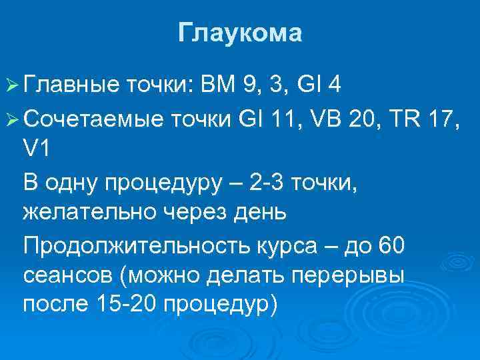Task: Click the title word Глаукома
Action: coord(240,33)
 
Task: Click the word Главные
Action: coord(69,85)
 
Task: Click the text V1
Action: coord(36,149)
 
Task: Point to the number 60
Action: coord(391,246)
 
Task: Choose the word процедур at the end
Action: coord(219,306)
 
